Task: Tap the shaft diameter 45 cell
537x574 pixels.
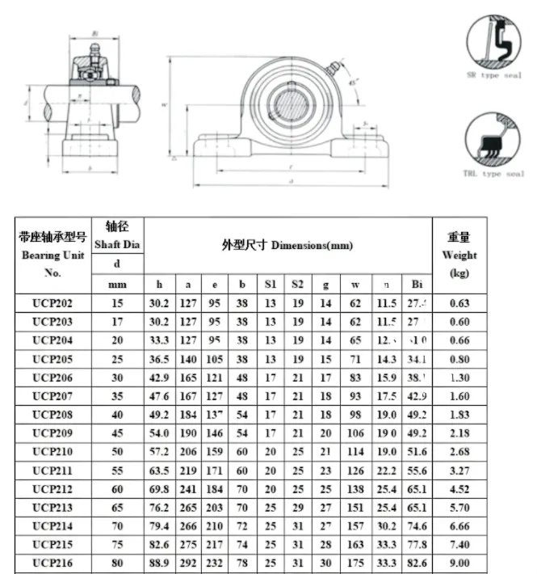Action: tap(117, 433)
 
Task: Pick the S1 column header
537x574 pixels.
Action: tap(270, 285)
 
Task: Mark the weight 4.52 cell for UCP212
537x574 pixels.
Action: tap(459, 489)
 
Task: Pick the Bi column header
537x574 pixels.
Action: tap(417, 285)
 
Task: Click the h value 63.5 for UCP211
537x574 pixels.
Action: tap(160, 471)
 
